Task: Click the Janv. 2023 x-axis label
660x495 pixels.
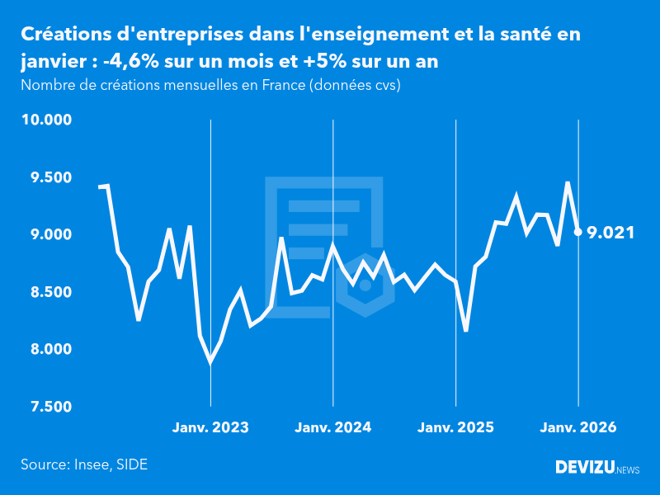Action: tap(210, 427)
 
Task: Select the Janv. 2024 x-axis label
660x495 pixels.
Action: tap(333, 427)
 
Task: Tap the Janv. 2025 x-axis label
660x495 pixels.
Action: tap(456, 427)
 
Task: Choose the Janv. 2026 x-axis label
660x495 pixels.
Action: tap(578, 427)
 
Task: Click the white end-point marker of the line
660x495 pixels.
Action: tap(578, 232)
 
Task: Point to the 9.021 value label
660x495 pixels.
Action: tap(610, 233)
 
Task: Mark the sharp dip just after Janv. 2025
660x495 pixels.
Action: tap(466, 331)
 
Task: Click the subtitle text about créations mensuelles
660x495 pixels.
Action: tap(210, 85)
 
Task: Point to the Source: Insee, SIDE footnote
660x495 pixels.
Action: tap(84, 464)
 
